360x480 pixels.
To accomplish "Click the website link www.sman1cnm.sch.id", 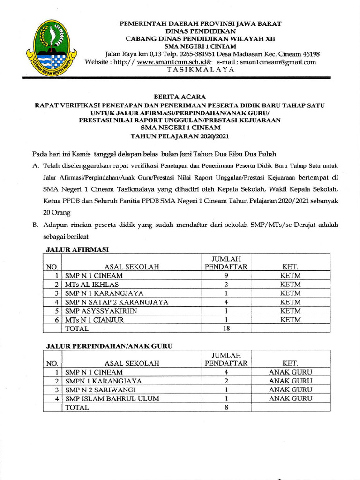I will click(x=171, y=62).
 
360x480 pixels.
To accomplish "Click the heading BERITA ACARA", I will click(x=180, y=97).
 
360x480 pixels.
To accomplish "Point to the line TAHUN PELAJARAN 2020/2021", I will click(x=180, y=136).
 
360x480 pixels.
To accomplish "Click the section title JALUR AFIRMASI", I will click(x=78, y=250).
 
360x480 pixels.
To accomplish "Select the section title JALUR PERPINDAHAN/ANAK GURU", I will click(x=109, y=346).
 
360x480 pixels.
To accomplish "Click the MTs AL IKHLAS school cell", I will click(x=92, y=285).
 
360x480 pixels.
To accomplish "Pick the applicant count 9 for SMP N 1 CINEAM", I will click(x=226, y=276).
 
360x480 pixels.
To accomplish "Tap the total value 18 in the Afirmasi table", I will click(x=226, y=329).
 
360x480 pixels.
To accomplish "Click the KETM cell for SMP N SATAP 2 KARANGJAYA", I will click(x=290, y=302).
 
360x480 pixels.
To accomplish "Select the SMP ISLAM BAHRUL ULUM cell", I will click(x=112, y=399).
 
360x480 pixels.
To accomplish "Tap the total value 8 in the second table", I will click(x=226, y=408).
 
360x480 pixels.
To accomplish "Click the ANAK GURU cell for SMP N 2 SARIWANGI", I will click(x=290, y=390).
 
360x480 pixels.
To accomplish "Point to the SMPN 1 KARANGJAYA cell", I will click(x=103, y=381).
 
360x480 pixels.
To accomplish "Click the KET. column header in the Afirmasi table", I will click(x=290, y=267).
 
